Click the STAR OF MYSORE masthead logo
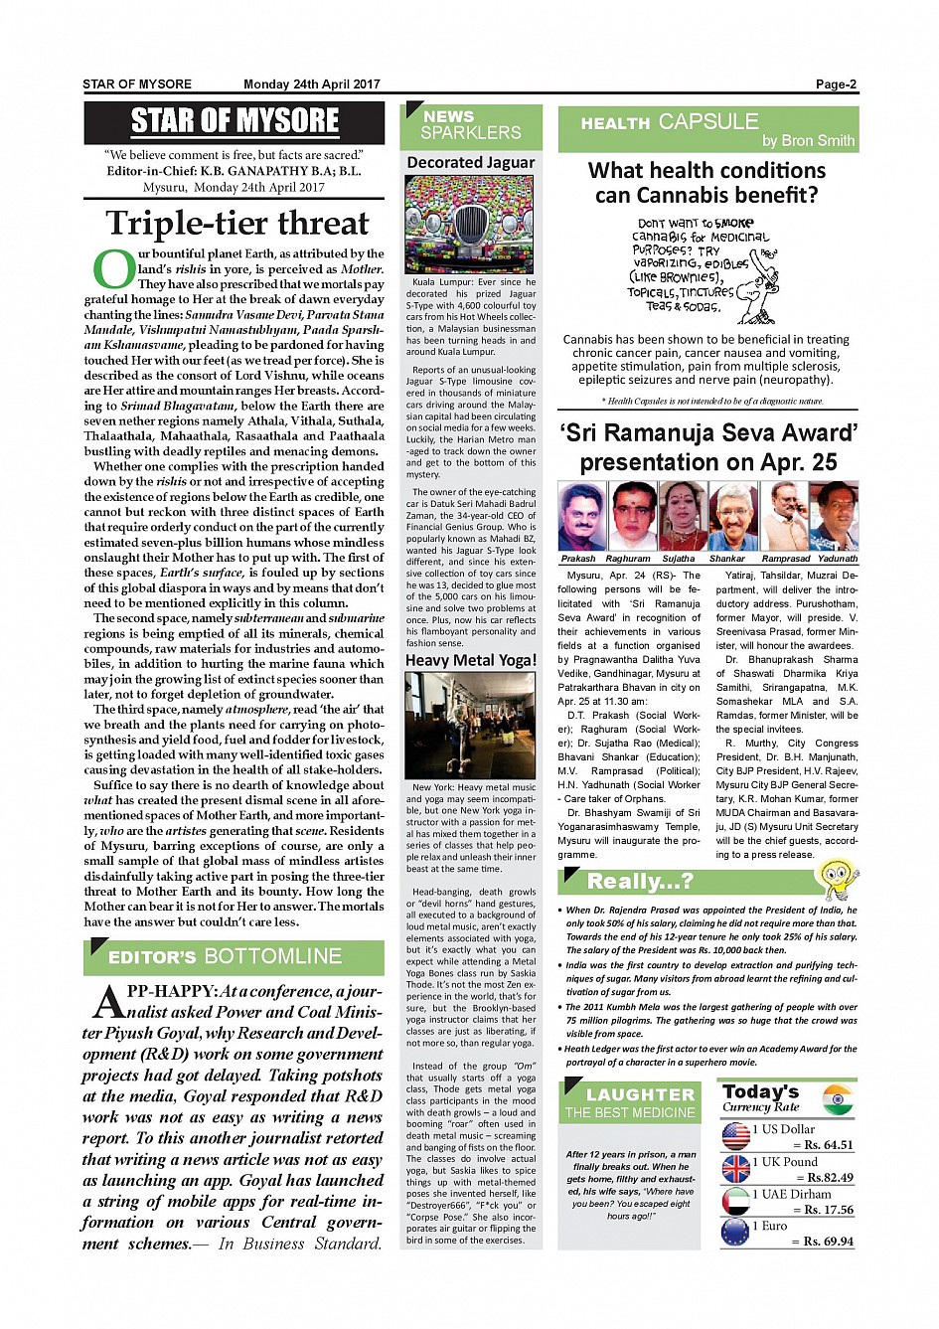point(235,122)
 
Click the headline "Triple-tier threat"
point(236,223)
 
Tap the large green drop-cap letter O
point(113,268)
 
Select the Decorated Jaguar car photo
point(470,225)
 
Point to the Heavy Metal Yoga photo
point(470,725)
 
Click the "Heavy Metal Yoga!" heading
point(470,660)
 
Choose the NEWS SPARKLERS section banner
point(470,125)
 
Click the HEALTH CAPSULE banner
point(707,129)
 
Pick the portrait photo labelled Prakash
point(581,516)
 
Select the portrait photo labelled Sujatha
point(682,516)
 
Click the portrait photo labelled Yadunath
point(834,516)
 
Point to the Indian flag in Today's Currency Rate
point(838,1099)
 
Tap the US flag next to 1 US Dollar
point(736,1136)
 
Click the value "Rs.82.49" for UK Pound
point(829,1177)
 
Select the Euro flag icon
point(736,1233)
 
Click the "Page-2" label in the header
point(835,84)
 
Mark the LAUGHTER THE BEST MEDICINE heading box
point(631,1102)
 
